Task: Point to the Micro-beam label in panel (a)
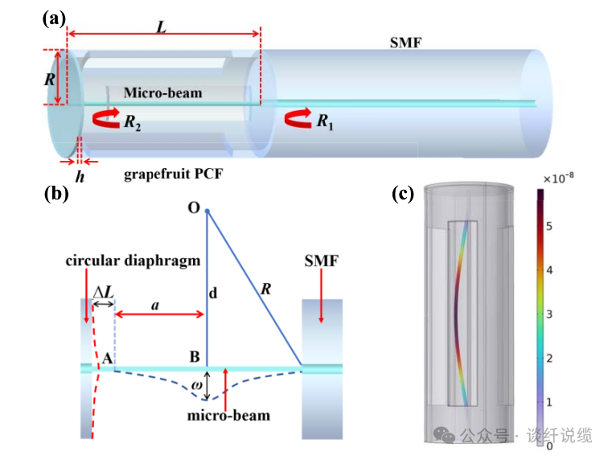[x=162, y=93]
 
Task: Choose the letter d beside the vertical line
[x=213, y=294]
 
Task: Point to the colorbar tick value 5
[x=549, y=226]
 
